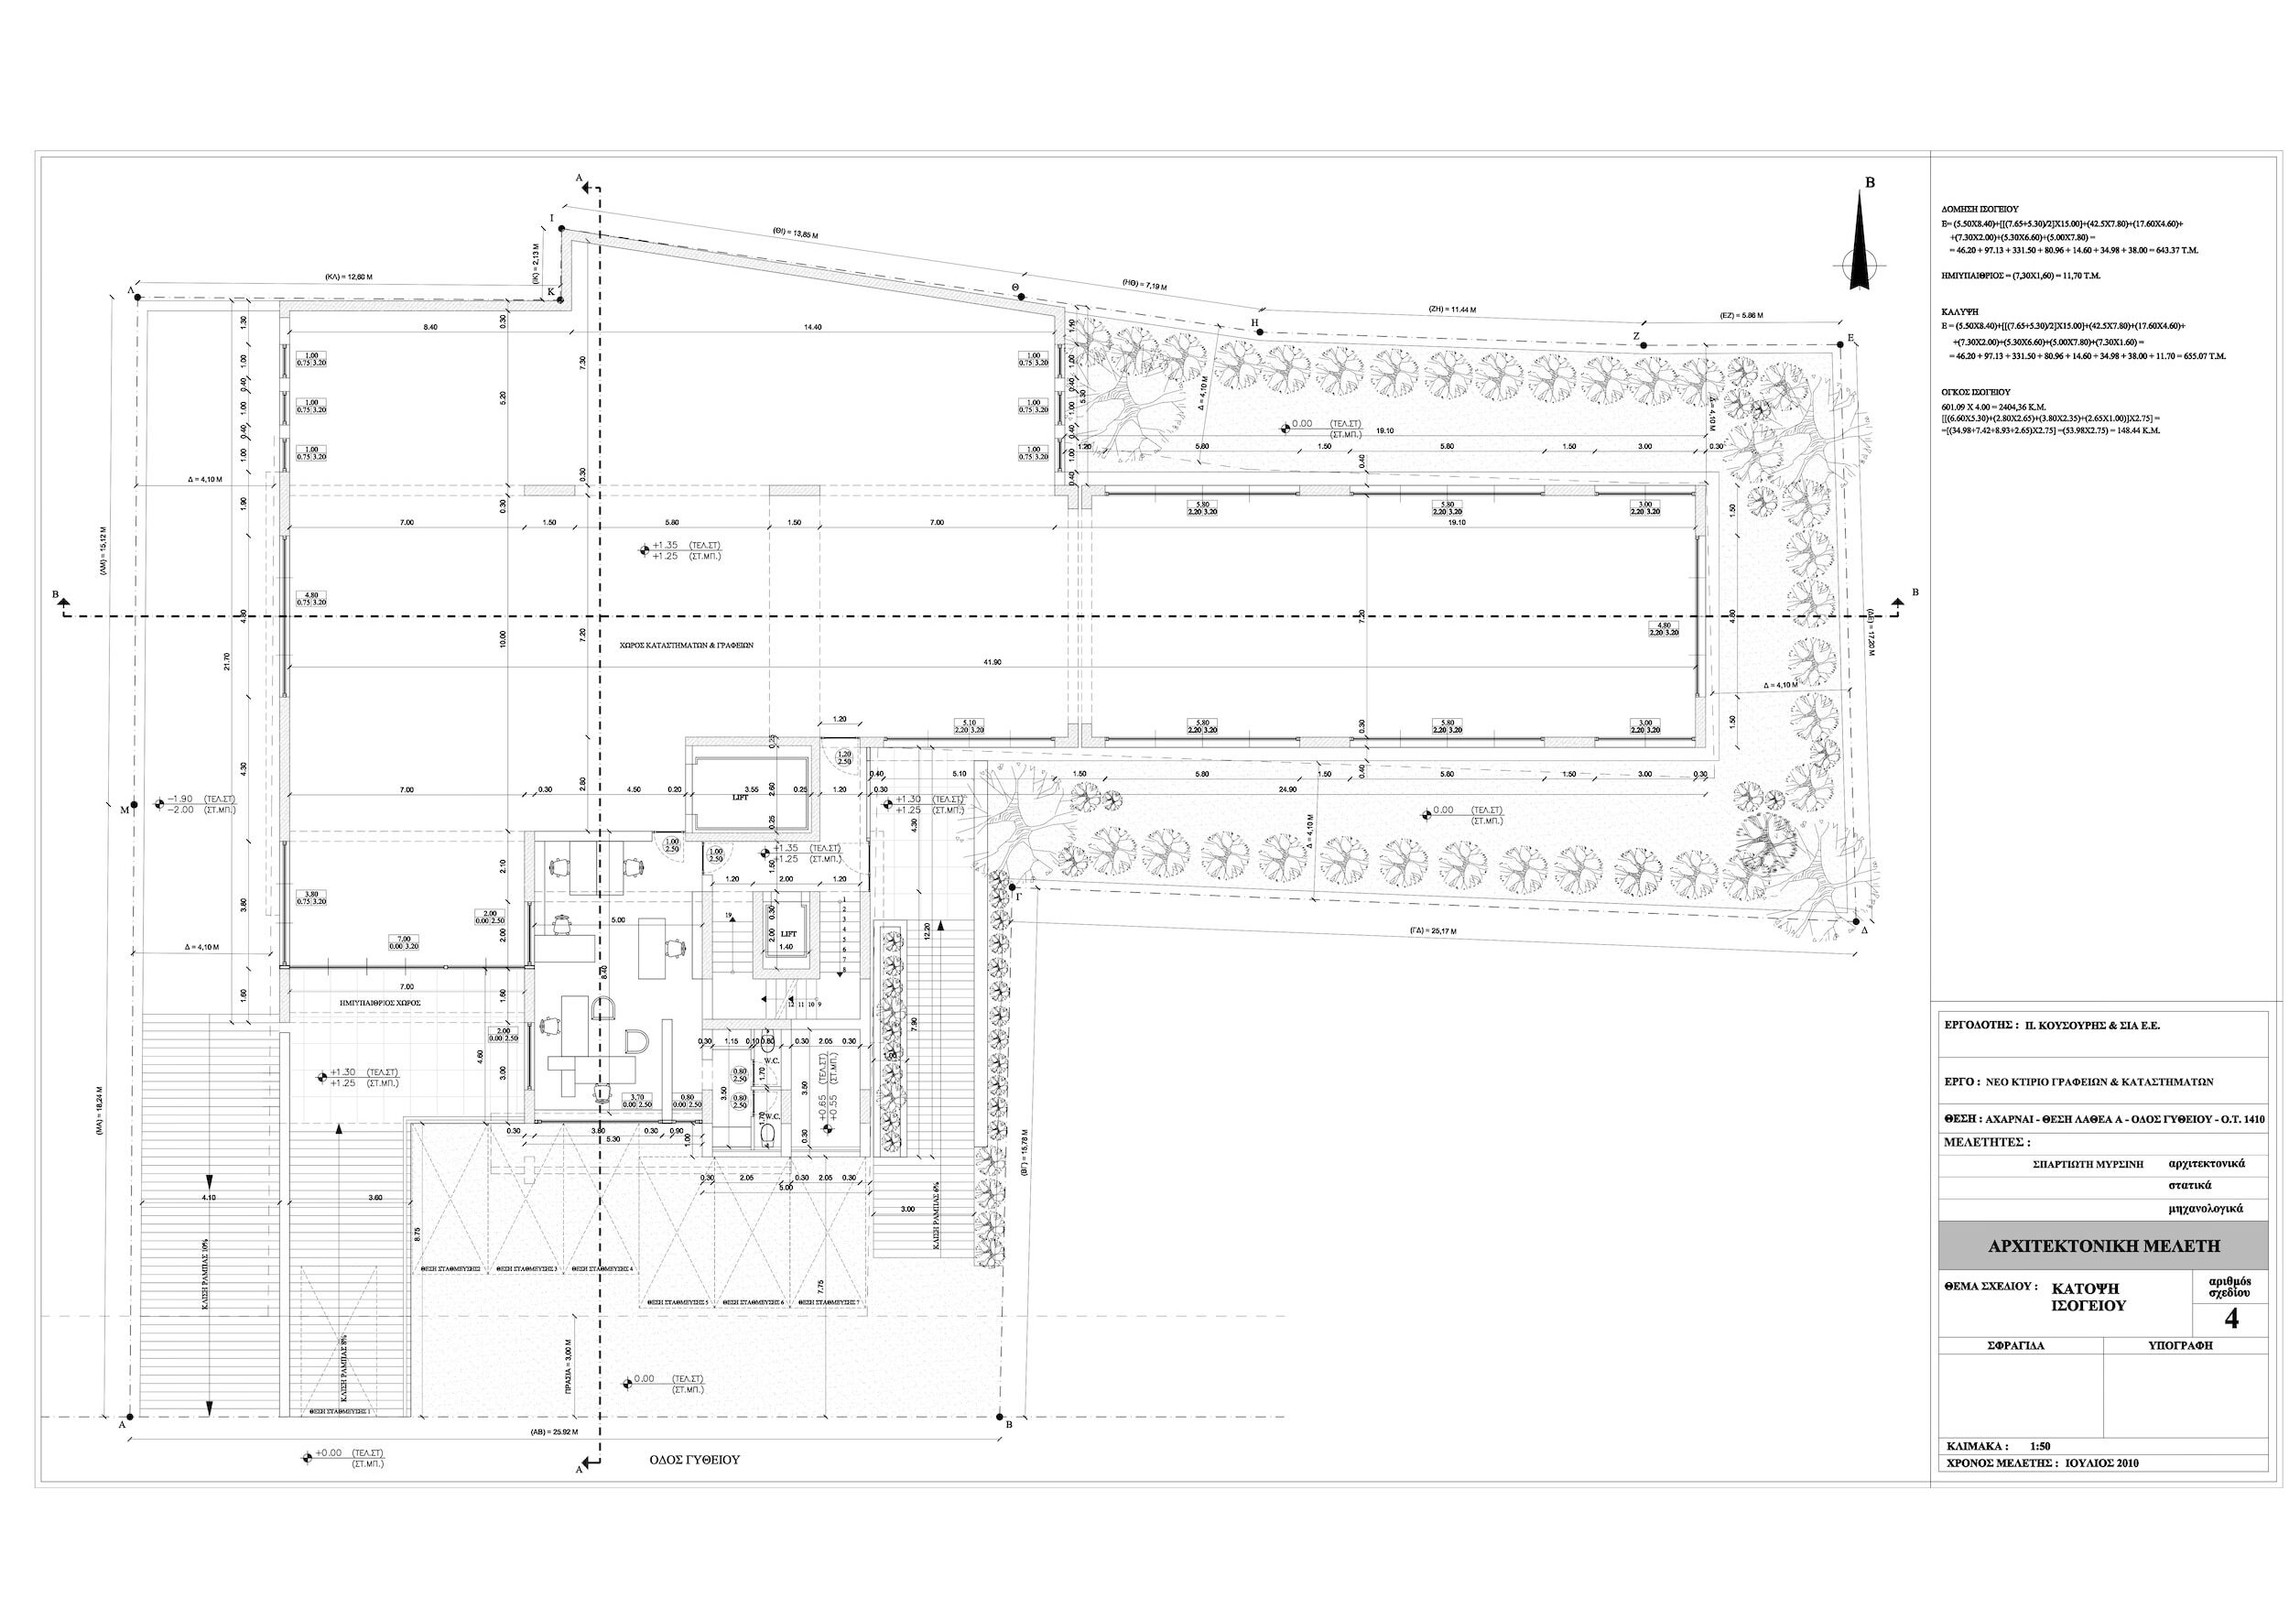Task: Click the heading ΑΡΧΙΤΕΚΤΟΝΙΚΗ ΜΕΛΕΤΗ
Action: coord(2109,1247)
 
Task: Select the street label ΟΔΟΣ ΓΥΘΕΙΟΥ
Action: coord(694,1460)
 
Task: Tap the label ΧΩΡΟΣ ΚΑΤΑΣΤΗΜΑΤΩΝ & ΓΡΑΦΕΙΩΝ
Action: coord(684,646)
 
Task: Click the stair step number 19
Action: coord(729,916)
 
